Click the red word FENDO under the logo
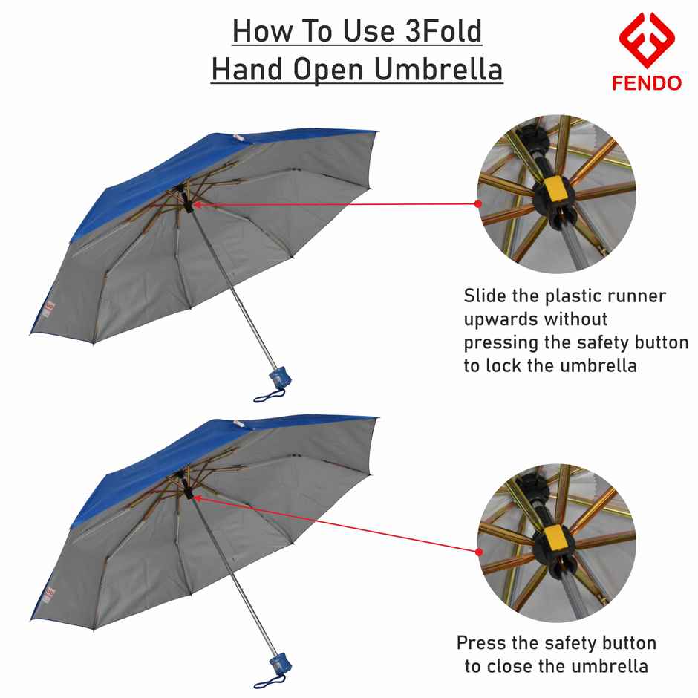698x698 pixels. [646, 83]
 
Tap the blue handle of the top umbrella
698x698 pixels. [281, 376]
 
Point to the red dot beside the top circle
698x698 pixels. [478, 203]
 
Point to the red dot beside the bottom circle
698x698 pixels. [478, 552]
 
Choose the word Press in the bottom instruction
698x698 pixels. [480, 642]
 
